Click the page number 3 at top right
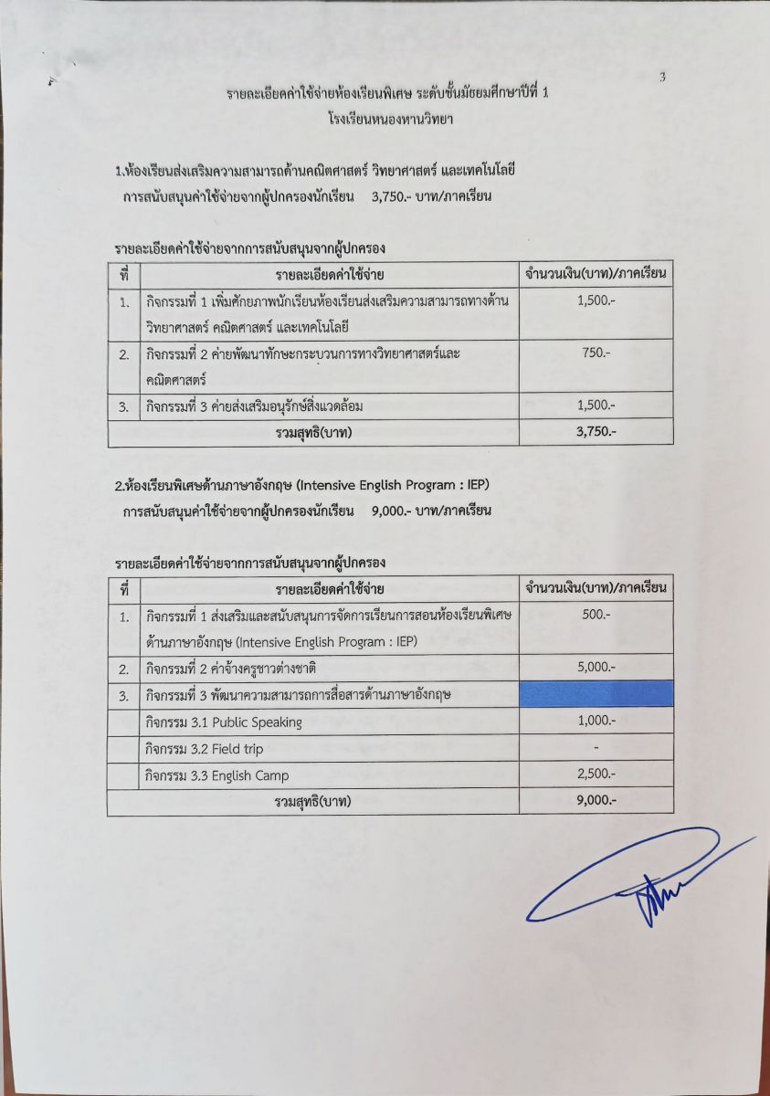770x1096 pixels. (662, 78)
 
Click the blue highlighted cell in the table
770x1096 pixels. (596, 694)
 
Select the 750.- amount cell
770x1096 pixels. (596, 353)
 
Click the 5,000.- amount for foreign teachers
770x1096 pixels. (596, 668)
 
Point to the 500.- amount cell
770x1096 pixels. (596, 615)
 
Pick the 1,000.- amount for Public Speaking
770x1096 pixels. (596, 721)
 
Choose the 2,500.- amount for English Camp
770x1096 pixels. (596, 775)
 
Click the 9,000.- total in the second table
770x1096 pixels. (596, 801)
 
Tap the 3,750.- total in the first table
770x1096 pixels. (596, 432)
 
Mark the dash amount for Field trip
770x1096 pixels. (596, 748)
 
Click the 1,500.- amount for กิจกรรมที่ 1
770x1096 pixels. (596, 300)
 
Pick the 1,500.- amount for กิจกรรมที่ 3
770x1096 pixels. (596, 406)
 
